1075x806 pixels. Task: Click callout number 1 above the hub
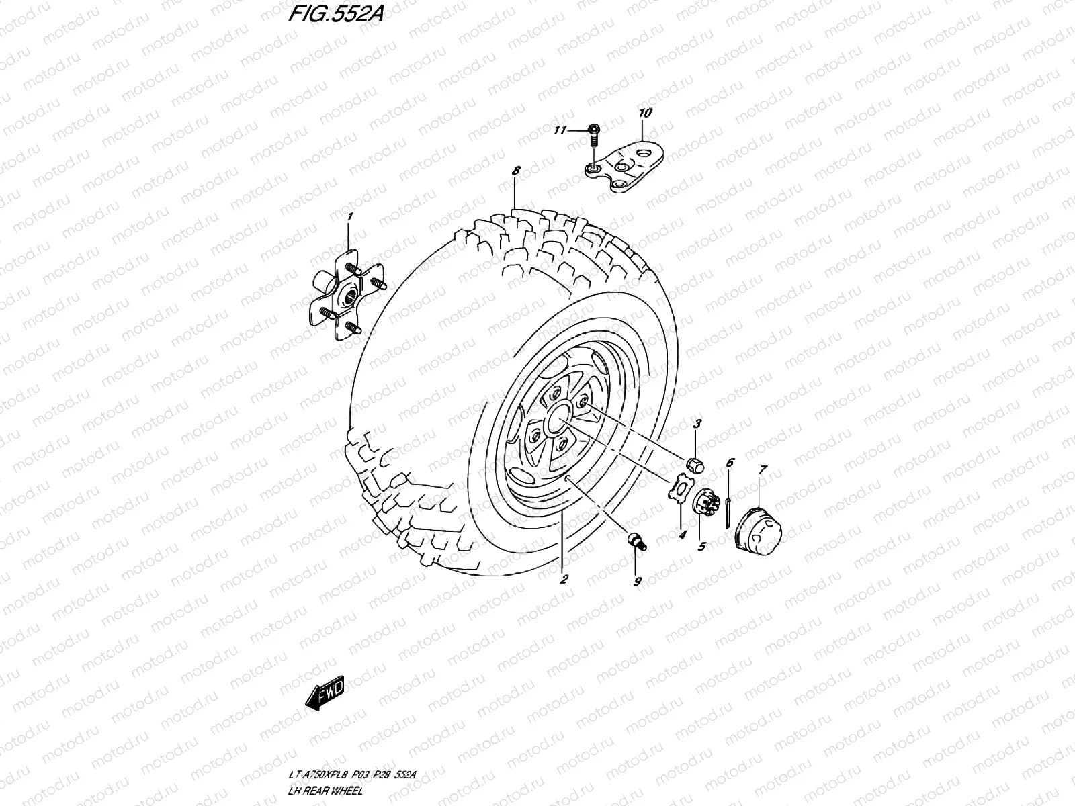pos(349,216)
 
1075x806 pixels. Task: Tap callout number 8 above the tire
pos(515,171)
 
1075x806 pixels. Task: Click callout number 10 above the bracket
pos(644,113)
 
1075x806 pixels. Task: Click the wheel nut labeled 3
pos(695,463)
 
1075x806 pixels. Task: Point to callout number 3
pos(697,424)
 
